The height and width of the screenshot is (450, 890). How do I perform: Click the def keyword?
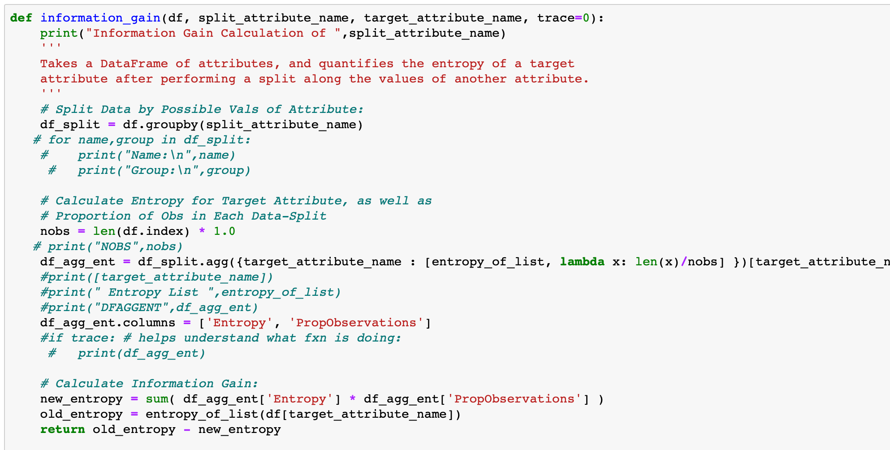point(21,18)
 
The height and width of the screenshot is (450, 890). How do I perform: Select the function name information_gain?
point(100,18)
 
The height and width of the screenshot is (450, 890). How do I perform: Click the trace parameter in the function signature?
point(556,18)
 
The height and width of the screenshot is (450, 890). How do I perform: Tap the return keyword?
point(62,429)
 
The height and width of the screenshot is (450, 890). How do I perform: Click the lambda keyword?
point(582,262)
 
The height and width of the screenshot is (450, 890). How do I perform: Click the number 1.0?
point(224,231)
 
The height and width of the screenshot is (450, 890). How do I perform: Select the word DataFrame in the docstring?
point(134,64)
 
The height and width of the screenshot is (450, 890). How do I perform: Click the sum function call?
point(157,399)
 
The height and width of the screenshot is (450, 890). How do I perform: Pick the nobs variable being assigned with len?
point(55,231)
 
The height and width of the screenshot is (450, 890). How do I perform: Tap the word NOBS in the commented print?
point(115,247)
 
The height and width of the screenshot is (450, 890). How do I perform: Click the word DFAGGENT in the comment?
point(130,307)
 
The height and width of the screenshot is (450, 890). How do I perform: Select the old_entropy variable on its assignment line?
point(81,414)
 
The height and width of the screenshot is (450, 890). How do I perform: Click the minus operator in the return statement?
point(187,429)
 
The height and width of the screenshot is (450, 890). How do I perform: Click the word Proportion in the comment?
point(93,216)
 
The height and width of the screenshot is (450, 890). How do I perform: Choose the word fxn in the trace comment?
point(315,338)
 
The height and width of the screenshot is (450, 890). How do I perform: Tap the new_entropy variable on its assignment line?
point(81,399)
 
